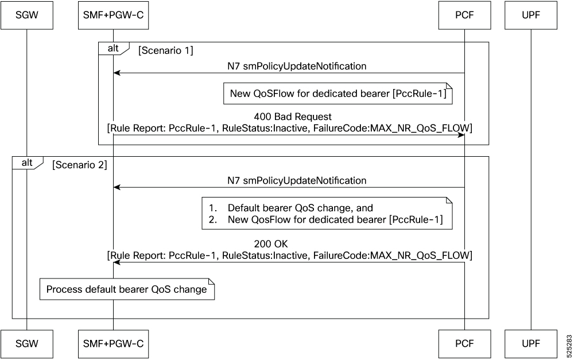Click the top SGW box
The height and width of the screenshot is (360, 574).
(27, 16)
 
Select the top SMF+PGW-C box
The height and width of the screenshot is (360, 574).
(113, 16)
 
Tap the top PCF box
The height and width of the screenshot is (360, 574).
(464, 16)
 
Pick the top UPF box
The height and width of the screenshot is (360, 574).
(531, 16)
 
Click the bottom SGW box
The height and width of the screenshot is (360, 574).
(27, 344)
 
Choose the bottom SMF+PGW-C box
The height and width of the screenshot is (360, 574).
(113, 344)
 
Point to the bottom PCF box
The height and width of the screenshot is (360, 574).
(464, 344)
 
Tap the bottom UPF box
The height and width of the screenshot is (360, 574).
(531, 344)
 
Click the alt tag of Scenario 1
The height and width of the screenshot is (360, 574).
(114, 48)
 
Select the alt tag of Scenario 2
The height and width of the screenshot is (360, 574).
(28, 163)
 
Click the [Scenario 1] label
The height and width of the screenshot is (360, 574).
(165, 51)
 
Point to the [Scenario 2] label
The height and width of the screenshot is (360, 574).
(79, 165)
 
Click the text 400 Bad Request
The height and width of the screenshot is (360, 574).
(293, 117)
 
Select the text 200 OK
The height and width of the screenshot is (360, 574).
(271, 244)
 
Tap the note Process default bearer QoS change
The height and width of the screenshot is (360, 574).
(127, 289)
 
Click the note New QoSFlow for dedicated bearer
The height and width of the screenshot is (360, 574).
(338, 94)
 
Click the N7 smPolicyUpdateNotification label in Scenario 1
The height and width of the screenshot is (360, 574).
(297, 66)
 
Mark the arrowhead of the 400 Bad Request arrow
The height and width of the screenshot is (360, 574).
(461, 135)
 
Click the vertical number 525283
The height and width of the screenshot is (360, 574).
(569, 345)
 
